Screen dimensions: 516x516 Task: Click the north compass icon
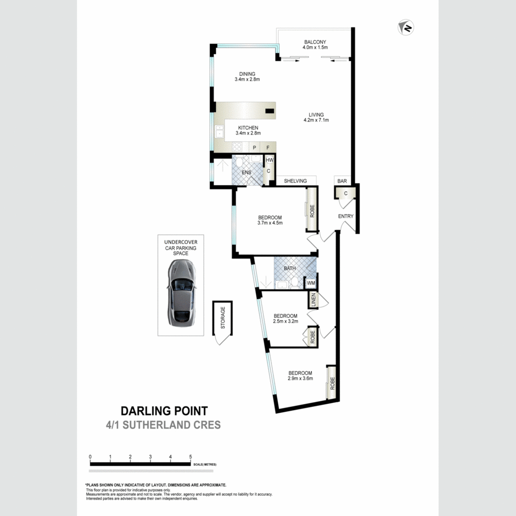pyautogui.click(x=406, y=28)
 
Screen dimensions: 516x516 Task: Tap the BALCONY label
pyautogui.click(x=315, y=42)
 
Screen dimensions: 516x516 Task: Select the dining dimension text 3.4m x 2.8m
pyautogui.click(x=247, y=79)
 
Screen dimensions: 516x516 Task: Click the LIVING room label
pyautogui.click(x=316, y=115)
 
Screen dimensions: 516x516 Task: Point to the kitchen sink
pyautogui.click(x=219, y=132)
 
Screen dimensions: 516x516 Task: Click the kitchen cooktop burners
pyautogui.click(x=237, y=147)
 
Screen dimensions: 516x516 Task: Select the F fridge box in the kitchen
pyautogui.click(x=268, y=148)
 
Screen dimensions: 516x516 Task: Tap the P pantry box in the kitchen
pyautogui.click(x=254, y=148)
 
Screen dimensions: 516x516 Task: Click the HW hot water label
pyautogui.click(x=269, y=160)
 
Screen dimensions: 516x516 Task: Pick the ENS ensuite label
pyautogui.click(x=246, y=173)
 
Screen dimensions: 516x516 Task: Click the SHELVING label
pyautogui.click(x=295, y=181)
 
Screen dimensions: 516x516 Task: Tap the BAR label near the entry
pyautogui.click(x=342, y=181)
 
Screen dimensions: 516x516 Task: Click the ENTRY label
pyautogui.click(x=345, y=216)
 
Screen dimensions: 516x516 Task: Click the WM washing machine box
pyautogui.click(x=310, y=283)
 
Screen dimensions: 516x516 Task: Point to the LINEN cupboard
pyautogui.click(x=314, y=300)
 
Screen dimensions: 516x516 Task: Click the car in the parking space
pyautogui.click(x=181, y=292)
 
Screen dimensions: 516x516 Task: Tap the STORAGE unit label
pyautogui.click(x=223, y=318)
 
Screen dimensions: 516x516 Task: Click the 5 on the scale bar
pyautogui.click(x=191, y=457)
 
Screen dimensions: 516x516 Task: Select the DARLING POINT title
pyautogui.click(x=164, y=411)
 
